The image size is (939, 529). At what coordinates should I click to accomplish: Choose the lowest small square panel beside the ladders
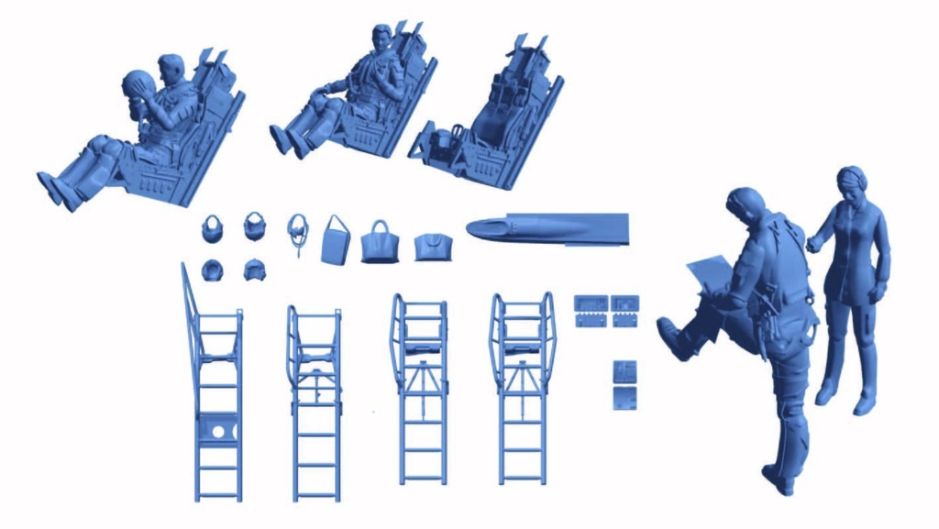click(624, 397)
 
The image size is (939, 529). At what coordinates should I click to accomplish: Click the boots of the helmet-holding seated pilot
click(57, 187)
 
